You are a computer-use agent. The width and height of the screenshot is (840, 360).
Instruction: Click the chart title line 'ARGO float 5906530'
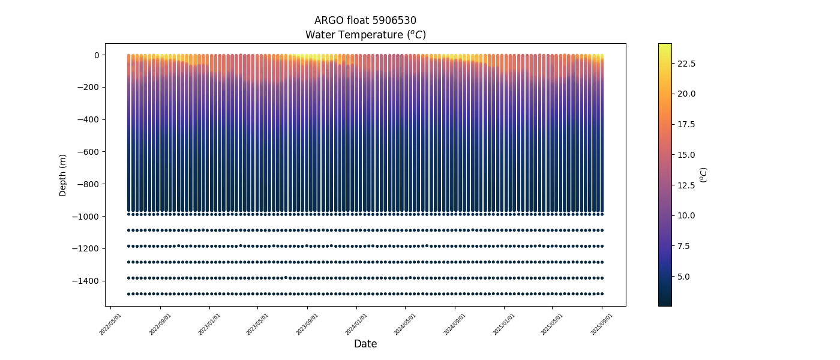[x=365, y=20]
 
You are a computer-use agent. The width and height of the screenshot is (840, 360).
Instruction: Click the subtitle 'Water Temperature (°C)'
[x=365, y=35]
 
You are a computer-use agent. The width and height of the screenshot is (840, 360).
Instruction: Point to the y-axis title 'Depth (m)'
[x=62, y=175]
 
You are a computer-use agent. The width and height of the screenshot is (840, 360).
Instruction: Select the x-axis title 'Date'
[x=365, y=344]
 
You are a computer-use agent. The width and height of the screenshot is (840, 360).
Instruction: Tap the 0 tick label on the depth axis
[x=96, y=55]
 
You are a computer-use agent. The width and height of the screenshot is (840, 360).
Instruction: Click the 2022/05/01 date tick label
[x=110, y=324]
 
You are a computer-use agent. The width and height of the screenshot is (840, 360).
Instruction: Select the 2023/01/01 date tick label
[x=209, y=324]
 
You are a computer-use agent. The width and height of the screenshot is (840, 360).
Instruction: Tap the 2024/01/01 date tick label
[x=356, y=324]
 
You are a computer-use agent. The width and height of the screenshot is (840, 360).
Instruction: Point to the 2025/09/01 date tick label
[x=601, y=324]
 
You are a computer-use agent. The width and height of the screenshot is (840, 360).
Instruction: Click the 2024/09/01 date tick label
[x=454, y=324]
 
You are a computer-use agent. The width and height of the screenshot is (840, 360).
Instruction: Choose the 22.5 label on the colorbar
[x=686, y=64]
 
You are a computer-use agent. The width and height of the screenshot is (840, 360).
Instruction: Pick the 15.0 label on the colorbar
[x=686, y=155]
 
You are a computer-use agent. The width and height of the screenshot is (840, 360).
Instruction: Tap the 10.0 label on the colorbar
[x=686, y=215]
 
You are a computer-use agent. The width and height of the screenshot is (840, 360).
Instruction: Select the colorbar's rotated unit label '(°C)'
[x=704, y=175]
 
